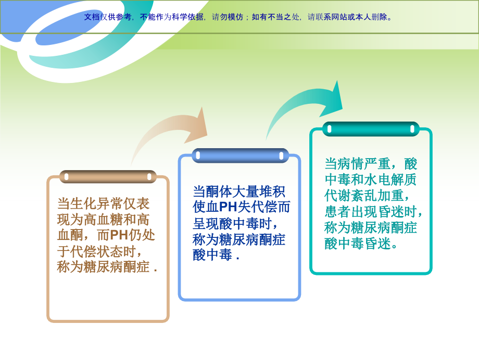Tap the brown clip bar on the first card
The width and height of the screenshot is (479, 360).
click(108, 176)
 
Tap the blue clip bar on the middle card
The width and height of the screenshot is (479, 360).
click(240, 155)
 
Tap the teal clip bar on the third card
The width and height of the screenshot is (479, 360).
click(371, 129)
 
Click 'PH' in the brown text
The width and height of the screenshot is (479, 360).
click(119, 235)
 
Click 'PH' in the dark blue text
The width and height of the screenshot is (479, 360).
click(228, 207)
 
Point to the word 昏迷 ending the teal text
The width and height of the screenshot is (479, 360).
click(377, 243)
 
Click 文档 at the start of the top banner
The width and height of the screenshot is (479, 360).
click(92, 17)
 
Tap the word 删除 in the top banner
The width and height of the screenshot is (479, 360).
click(379, 17)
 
